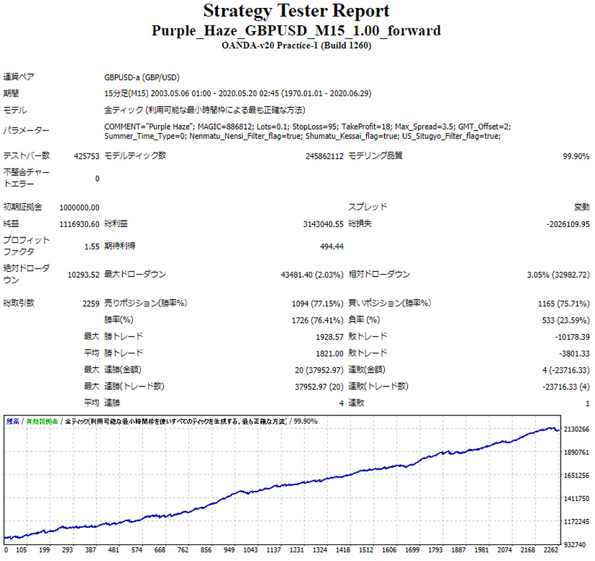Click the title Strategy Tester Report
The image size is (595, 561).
click(296, 11)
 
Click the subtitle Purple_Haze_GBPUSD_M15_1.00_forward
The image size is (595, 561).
click(296, 31)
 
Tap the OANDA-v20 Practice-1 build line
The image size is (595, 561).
click(296, 46)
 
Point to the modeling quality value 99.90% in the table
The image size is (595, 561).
click(575, 156)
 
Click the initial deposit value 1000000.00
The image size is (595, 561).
click(79, 207)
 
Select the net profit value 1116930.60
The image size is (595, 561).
click(79, 224)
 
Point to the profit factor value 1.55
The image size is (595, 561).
click(92, 247)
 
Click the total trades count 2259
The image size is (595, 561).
click(90, 303)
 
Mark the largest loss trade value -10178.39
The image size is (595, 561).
click(571, 337)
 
